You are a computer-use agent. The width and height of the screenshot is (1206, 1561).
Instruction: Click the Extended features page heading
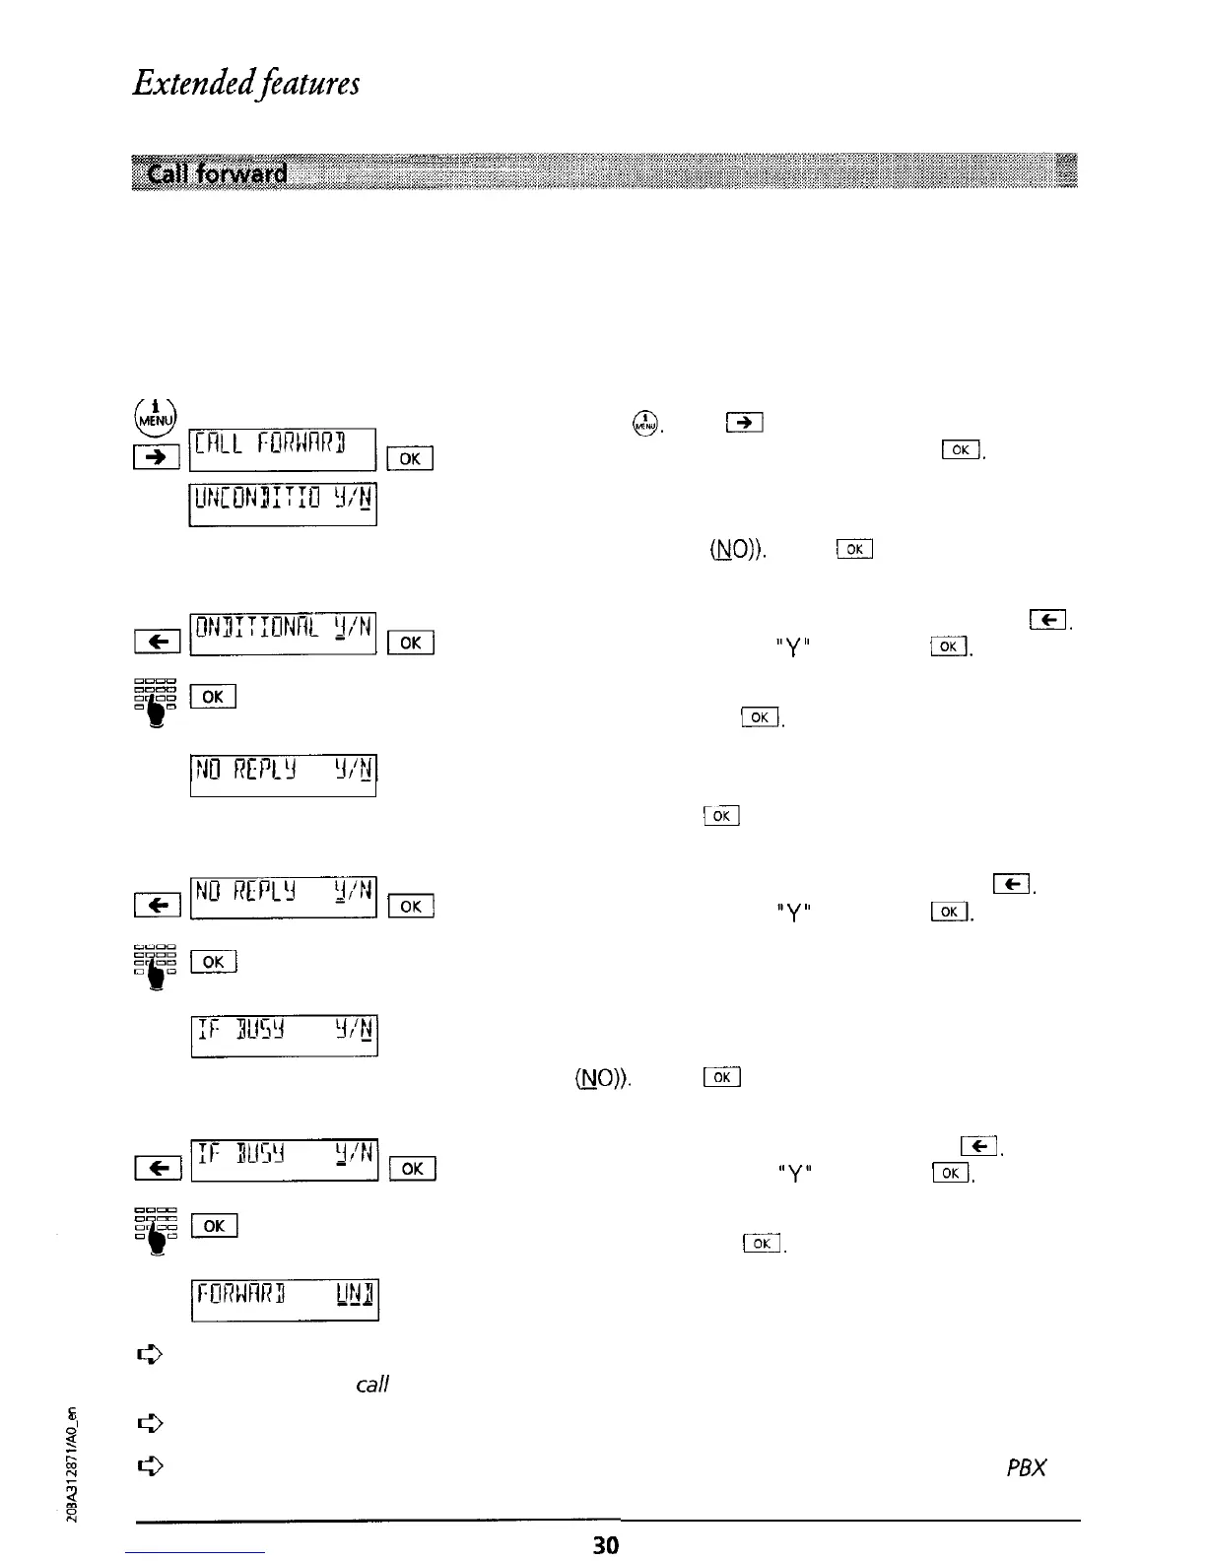[246, 83]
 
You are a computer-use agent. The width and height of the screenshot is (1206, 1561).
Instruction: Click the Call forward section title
[218, 174]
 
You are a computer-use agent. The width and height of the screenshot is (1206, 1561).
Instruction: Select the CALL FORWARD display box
[283, 449]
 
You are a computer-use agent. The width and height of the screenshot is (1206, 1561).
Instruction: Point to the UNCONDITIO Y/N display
[284, 505]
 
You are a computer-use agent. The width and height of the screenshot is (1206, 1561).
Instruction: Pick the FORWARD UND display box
[284, 1300]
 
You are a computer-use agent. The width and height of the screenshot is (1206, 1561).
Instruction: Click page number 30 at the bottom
[606, 1544]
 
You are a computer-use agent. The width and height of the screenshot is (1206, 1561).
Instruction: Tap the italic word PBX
[1026, 1467]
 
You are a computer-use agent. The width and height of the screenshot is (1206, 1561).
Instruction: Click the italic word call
[372, 1385]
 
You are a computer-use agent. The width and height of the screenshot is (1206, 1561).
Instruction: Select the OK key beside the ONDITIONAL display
[411, 643]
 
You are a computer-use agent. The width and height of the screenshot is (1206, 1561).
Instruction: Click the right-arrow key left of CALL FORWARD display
[158, 457]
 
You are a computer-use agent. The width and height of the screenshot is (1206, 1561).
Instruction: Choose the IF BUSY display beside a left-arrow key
[284, 1161]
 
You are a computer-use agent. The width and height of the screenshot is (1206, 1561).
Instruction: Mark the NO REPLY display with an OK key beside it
[284, 897]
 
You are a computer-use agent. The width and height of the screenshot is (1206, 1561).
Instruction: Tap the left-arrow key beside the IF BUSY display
[158, 1170]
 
